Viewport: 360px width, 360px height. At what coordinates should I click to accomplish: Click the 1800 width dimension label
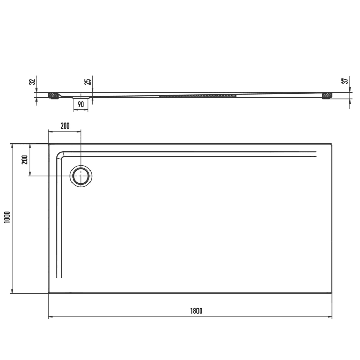click(x=195, y=310)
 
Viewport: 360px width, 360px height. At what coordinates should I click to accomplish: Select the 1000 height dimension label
click(x=6, y=219)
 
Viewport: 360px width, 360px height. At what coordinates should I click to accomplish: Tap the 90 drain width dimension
click(x=81, y=104)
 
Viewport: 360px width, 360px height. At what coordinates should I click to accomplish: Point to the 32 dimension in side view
click(x=32, y=81)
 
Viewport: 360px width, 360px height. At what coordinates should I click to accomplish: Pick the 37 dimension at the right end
click(x=346, y=80)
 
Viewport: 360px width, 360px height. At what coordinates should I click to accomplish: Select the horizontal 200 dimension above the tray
click(x=65, y=125)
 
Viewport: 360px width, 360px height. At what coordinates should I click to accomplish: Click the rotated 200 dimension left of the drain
click(x=24, y=159)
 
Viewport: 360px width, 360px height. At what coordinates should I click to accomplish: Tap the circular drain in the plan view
click(x=81, y=176)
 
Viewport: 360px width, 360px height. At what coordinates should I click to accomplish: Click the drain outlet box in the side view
click(x=81, y=97)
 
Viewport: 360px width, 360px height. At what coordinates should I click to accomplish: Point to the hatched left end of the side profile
click(x=53, y=95)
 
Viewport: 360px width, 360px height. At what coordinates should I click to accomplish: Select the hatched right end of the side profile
click(x=327, y=95)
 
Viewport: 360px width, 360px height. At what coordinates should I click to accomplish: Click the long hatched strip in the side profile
click(x=198, y=95)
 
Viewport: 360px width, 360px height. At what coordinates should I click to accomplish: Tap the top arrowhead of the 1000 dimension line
click(x=11, y=146)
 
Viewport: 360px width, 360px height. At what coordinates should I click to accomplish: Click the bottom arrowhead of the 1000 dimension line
click(x=11, y=291)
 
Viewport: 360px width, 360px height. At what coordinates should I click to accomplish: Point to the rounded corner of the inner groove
click(x=61, y=154)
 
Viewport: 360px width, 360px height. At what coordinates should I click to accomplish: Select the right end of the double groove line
click(x=315, y=154)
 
